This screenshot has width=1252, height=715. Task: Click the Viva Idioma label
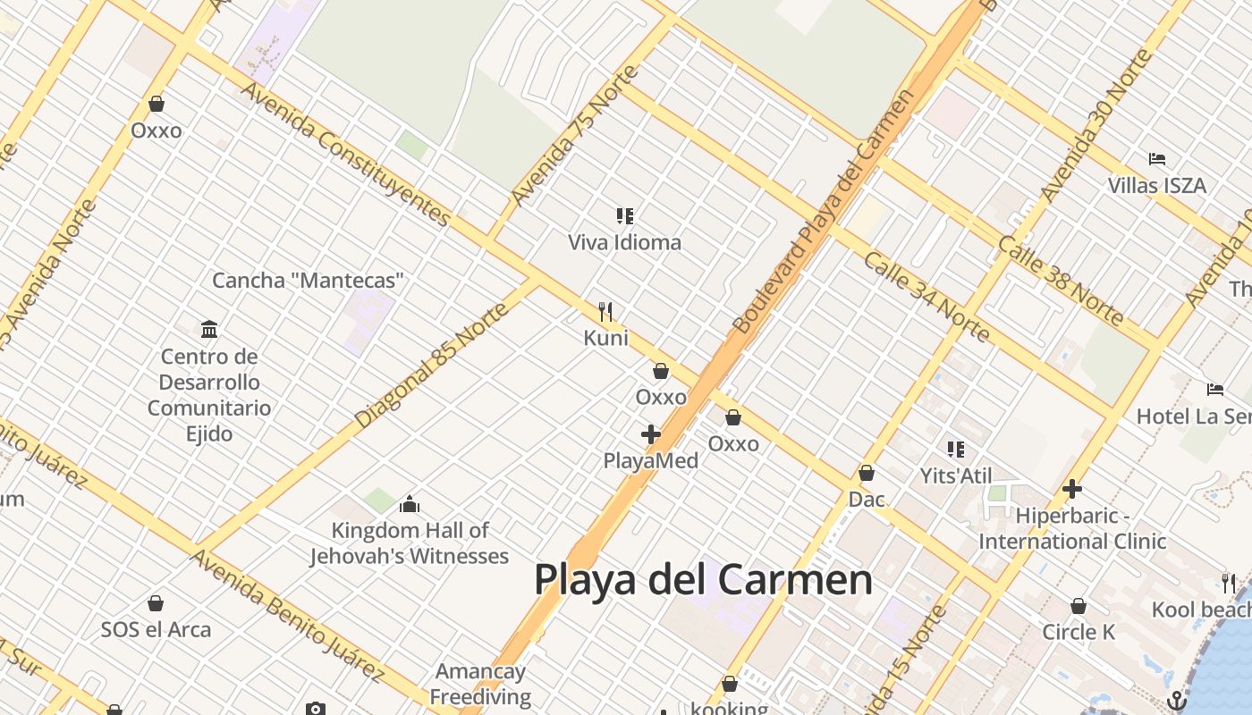pyautogui.click(x=624, y=242)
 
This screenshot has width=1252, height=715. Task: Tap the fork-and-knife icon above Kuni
pyautogui.click(x=606, y=312)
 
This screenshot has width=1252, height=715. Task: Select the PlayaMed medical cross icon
pyautogui.click(x=651, y=434)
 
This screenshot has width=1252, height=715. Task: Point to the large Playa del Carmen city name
pyautogui.click(x=703, y=579)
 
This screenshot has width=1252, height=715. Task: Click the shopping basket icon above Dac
pyautogui.click(x=867, y=473)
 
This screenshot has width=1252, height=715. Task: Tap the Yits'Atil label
pyautogui.click(x=956, y=475)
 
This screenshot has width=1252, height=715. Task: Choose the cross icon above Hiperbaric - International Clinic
pyautogui.click(x=1072, y=489)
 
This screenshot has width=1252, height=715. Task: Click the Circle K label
pyautogui.click(x=1079, y=632)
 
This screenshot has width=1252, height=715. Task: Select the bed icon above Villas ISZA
pyautogui.click(x=1157, y=159)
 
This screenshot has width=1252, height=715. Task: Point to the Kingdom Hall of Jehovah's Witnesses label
pyautogui.click(x=410, y=543)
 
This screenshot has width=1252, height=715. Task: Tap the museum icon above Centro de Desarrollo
pyautogui.click(x=209, y=329)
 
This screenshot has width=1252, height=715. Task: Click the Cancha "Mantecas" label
pyautogui.click(x=308, y=280)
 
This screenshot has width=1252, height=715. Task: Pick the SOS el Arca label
pyautogui.click(x=156, y=629)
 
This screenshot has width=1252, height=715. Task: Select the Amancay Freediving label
pyautogui.click(x=480, y=684)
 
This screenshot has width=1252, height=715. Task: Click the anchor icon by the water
pyautogui.click(x=1178, y=701)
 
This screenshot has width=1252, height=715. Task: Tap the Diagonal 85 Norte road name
pyautogui.click(x=432, y=365)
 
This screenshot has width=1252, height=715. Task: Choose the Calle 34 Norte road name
pyautogui.click(x=926, y=297)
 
